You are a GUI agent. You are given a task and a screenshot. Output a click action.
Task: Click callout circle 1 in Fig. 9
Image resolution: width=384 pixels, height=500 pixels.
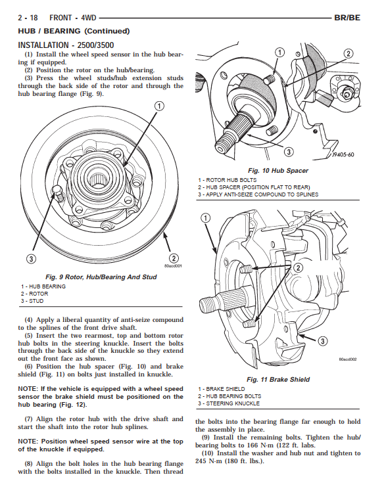point(159,106)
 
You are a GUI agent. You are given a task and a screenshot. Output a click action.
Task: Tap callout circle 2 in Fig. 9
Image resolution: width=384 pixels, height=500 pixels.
point(174,258)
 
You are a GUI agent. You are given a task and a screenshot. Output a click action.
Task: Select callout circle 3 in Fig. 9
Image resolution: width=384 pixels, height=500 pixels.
point(31,259)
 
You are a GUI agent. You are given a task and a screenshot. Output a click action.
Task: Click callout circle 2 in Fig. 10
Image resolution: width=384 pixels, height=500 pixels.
point(348,54)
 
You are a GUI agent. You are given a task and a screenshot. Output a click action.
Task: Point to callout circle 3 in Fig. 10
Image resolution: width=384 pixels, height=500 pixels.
point(289,152)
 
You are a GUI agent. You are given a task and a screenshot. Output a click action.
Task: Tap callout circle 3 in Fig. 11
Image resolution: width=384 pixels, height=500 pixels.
point(323,341)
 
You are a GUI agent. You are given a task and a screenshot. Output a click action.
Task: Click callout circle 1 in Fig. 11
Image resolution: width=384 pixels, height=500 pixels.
point(206,218)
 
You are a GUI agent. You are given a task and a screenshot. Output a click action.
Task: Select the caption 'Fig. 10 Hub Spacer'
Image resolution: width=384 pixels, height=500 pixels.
point(278,171)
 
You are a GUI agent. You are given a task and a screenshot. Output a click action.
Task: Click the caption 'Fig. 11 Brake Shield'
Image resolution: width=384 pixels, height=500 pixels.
point(278,380)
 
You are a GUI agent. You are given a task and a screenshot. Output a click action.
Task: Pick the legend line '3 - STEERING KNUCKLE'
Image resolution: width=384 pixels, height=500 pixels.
point(229,403)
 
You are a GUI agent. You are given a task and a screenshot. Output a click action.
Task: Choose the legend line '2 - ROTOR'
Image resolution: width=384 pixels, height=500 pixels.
point(34,294)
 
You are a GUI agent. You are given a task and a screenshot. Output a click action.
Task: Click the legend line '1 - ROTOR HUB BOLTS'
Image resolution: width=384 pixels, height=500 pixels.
point(228,180)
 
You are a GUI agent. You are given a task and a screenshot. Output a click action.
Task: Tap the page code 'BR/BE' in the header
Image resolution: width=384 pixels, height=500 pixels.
point(347,18)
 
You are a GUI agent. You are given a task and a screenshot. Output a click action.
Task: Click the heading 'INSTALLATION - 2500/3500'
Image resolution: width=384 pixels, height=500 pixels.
point(66,45)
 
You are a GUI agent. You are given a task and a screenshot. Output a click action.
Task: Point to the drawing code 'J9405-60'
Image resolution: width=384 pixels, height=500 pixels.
point(343,155)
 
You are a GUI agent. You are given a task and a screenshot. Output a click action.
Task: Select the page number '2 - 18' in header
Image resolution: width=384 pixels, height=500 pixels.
point(28,18)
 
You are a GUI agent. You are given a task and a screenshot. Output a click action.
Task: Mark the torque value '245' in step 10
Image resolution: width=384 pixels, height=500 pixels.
point(201,461)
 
